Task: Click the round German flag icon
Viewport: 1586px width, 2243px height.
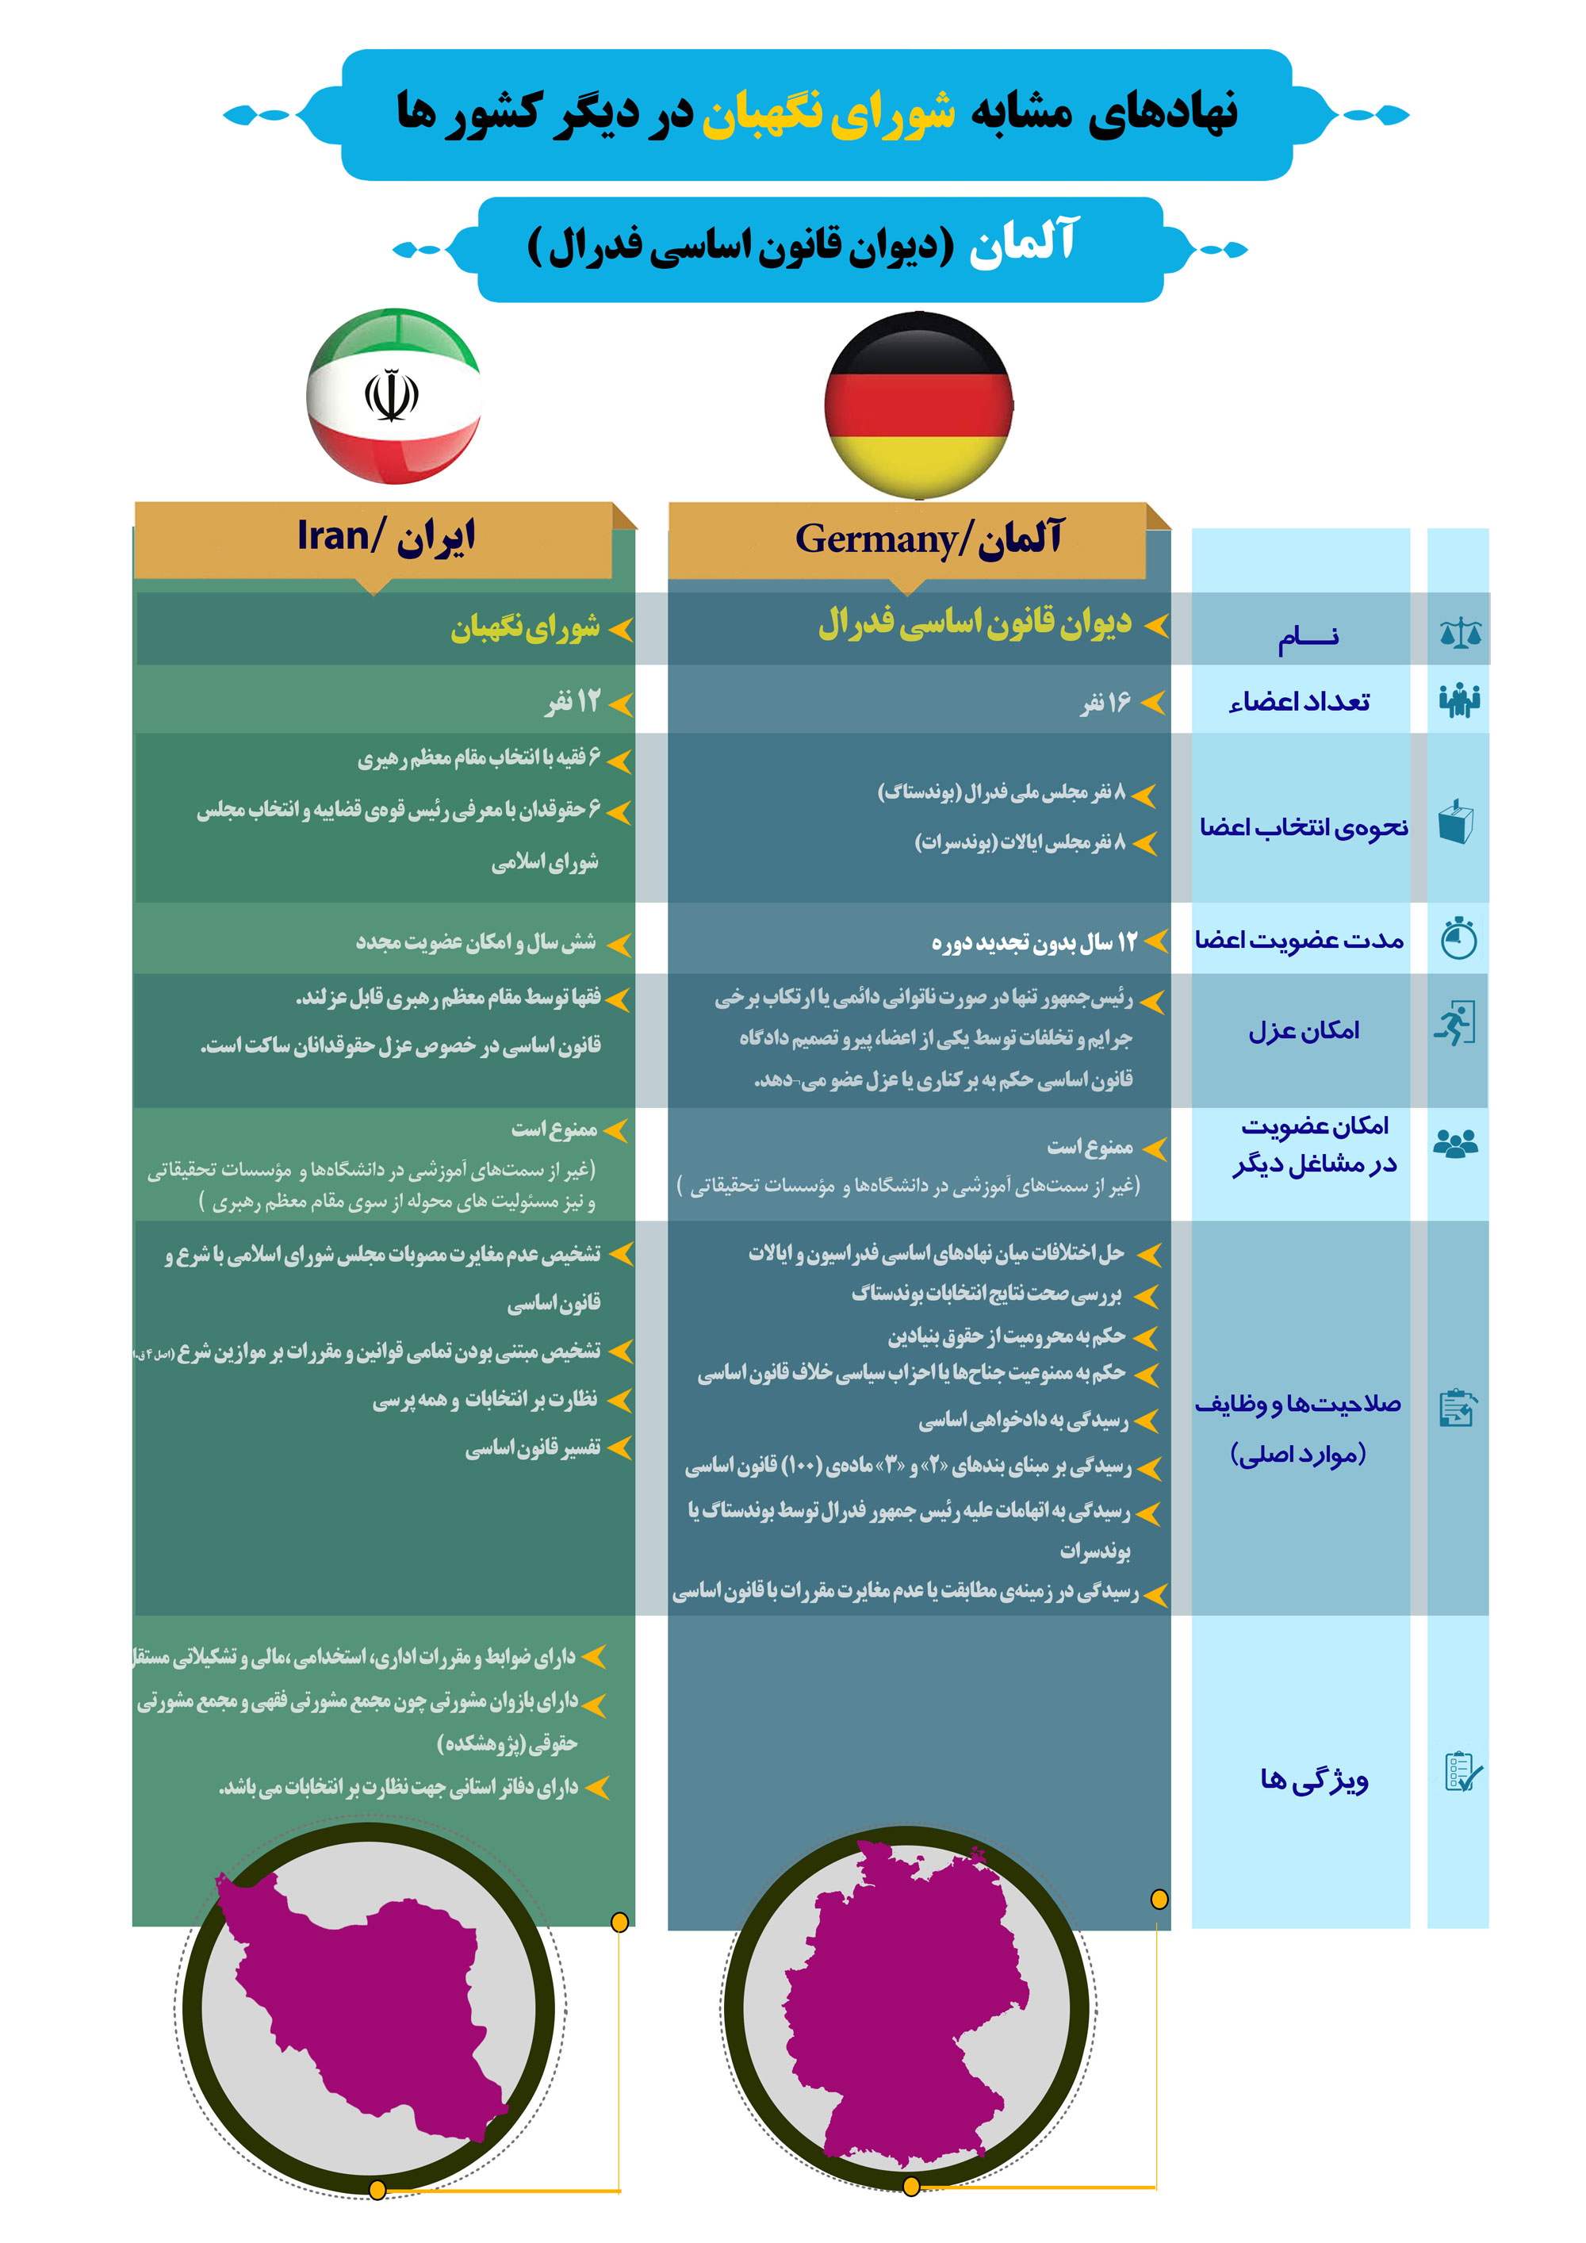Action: [x=918, y=405]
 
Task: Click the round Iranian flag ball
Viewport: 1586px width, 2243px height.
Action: [x=393, y=396]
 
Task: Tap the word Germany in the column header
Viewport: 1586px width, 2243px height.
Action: [x=875, y=539]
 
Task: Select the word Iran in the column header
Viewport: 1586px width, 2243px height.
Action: [x=332, y=536]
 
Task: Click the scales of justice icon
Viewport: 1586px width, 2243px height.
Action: [x=1459, y=633]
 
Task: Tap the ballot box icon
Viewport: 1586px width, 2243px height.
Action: [x=1455, y=822]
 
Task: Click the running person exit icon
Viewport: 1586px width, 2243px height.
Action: [x=1455, y=1024]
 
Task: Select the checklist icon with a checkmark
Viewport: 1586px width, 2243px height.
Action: [x=1462, y=1771]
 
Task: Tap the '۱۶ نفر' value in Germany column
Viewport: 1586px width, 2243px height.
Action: [x=1105, y=703]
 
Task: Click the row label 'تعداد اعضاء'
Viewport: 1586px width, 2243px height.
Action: [x=1299, y=703]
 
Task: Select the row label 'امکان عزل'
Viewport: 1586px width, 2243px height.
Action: [x=1304, y=1030]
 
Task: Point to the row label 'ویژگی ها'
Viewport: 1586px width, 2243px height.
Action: [x=1313, y=1779]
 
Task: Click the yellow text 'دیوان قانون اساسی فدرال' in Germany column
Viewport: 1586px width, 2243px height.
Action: [x=974, y=623]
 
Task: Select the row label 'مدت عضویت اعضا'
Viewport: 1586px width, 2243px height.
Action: [x=1299, y=940]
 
